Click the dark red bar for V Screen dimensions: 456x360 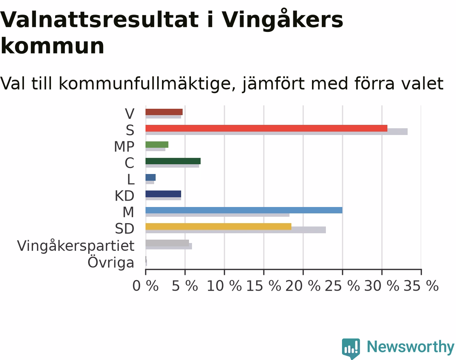(164, 112)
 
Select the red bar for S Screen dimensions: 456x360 (266, 128)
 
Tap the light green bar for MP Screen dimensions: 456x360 (157, 145)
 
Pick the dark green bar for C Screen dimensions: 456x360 (173, 161)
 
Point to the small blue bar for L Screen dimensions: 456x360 (151, 177)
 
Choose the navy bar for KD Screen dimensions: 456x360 (163, 194)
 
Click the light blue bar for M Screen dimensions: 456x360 (244, 210)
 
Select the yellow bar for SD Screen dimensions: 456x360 (219, 226)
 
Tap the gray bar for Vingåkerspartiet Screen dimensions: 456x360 (167, 243)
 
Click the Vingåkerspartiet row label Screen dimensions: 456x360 (76, 246)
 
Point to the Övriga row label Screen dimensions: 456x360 (111, 262)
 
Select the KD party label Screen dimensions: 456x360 (124, 196)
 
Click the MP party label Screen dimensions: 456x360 (124, 147)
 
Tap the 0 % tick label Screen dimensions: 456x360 (145, 286)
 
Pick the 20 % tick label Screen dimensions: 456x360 (303, 286)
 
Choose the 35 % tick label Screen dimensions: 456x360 (421, 286)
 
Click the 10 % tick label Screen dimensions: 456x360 (224, 286)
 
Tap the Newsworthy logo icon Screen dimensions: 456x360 (351, 348)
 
